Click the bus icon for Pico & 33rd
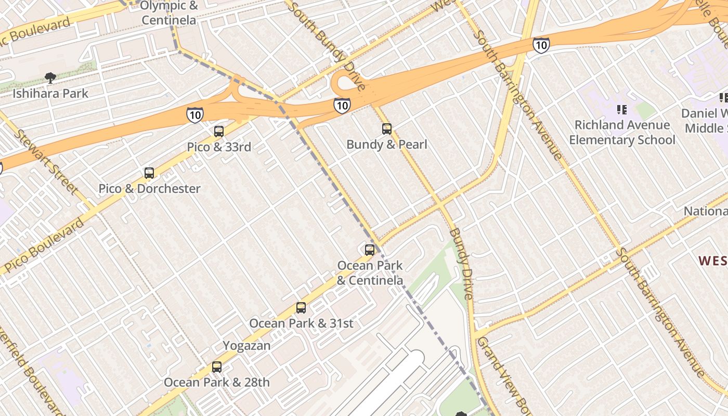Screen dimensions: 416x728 pos(219,132)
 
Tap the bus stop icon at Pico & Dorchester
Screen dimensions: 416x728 pos(149,173)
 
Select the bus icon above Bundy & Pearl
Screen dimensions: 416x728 pos(386,129)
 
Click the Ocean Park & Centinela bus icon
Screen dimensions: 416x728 pos(370,250)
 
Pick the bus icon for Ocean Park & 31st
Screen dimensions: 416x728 pos(301,308)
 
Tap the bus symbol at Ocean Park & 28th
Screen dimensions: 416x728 pos(217,367)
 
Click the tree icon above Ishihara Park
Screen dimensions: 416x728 pos(50,79)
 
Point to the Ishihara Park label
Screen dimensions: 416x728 pos(50,94)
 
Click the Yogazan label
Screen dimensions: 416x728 pos(246,346)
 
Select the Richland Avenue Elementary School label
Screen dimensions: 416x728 pos(622,133)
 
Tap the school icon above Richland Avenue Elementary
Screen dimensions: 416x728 pos(621,110)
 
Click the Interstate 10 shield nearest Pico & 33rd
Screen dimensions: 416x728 pos(194,115)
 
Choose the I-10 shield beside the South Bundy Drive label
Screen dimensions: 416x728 pos(342,106)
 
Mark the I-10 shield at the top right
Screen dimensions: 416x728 pos(541,45)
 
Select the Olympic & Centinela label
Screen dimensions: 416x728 pos(169,13)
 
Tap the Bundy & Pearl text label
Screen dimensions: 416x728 pos(386,145)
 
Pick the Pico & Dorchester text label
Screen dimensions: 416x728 pos(149,189)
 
